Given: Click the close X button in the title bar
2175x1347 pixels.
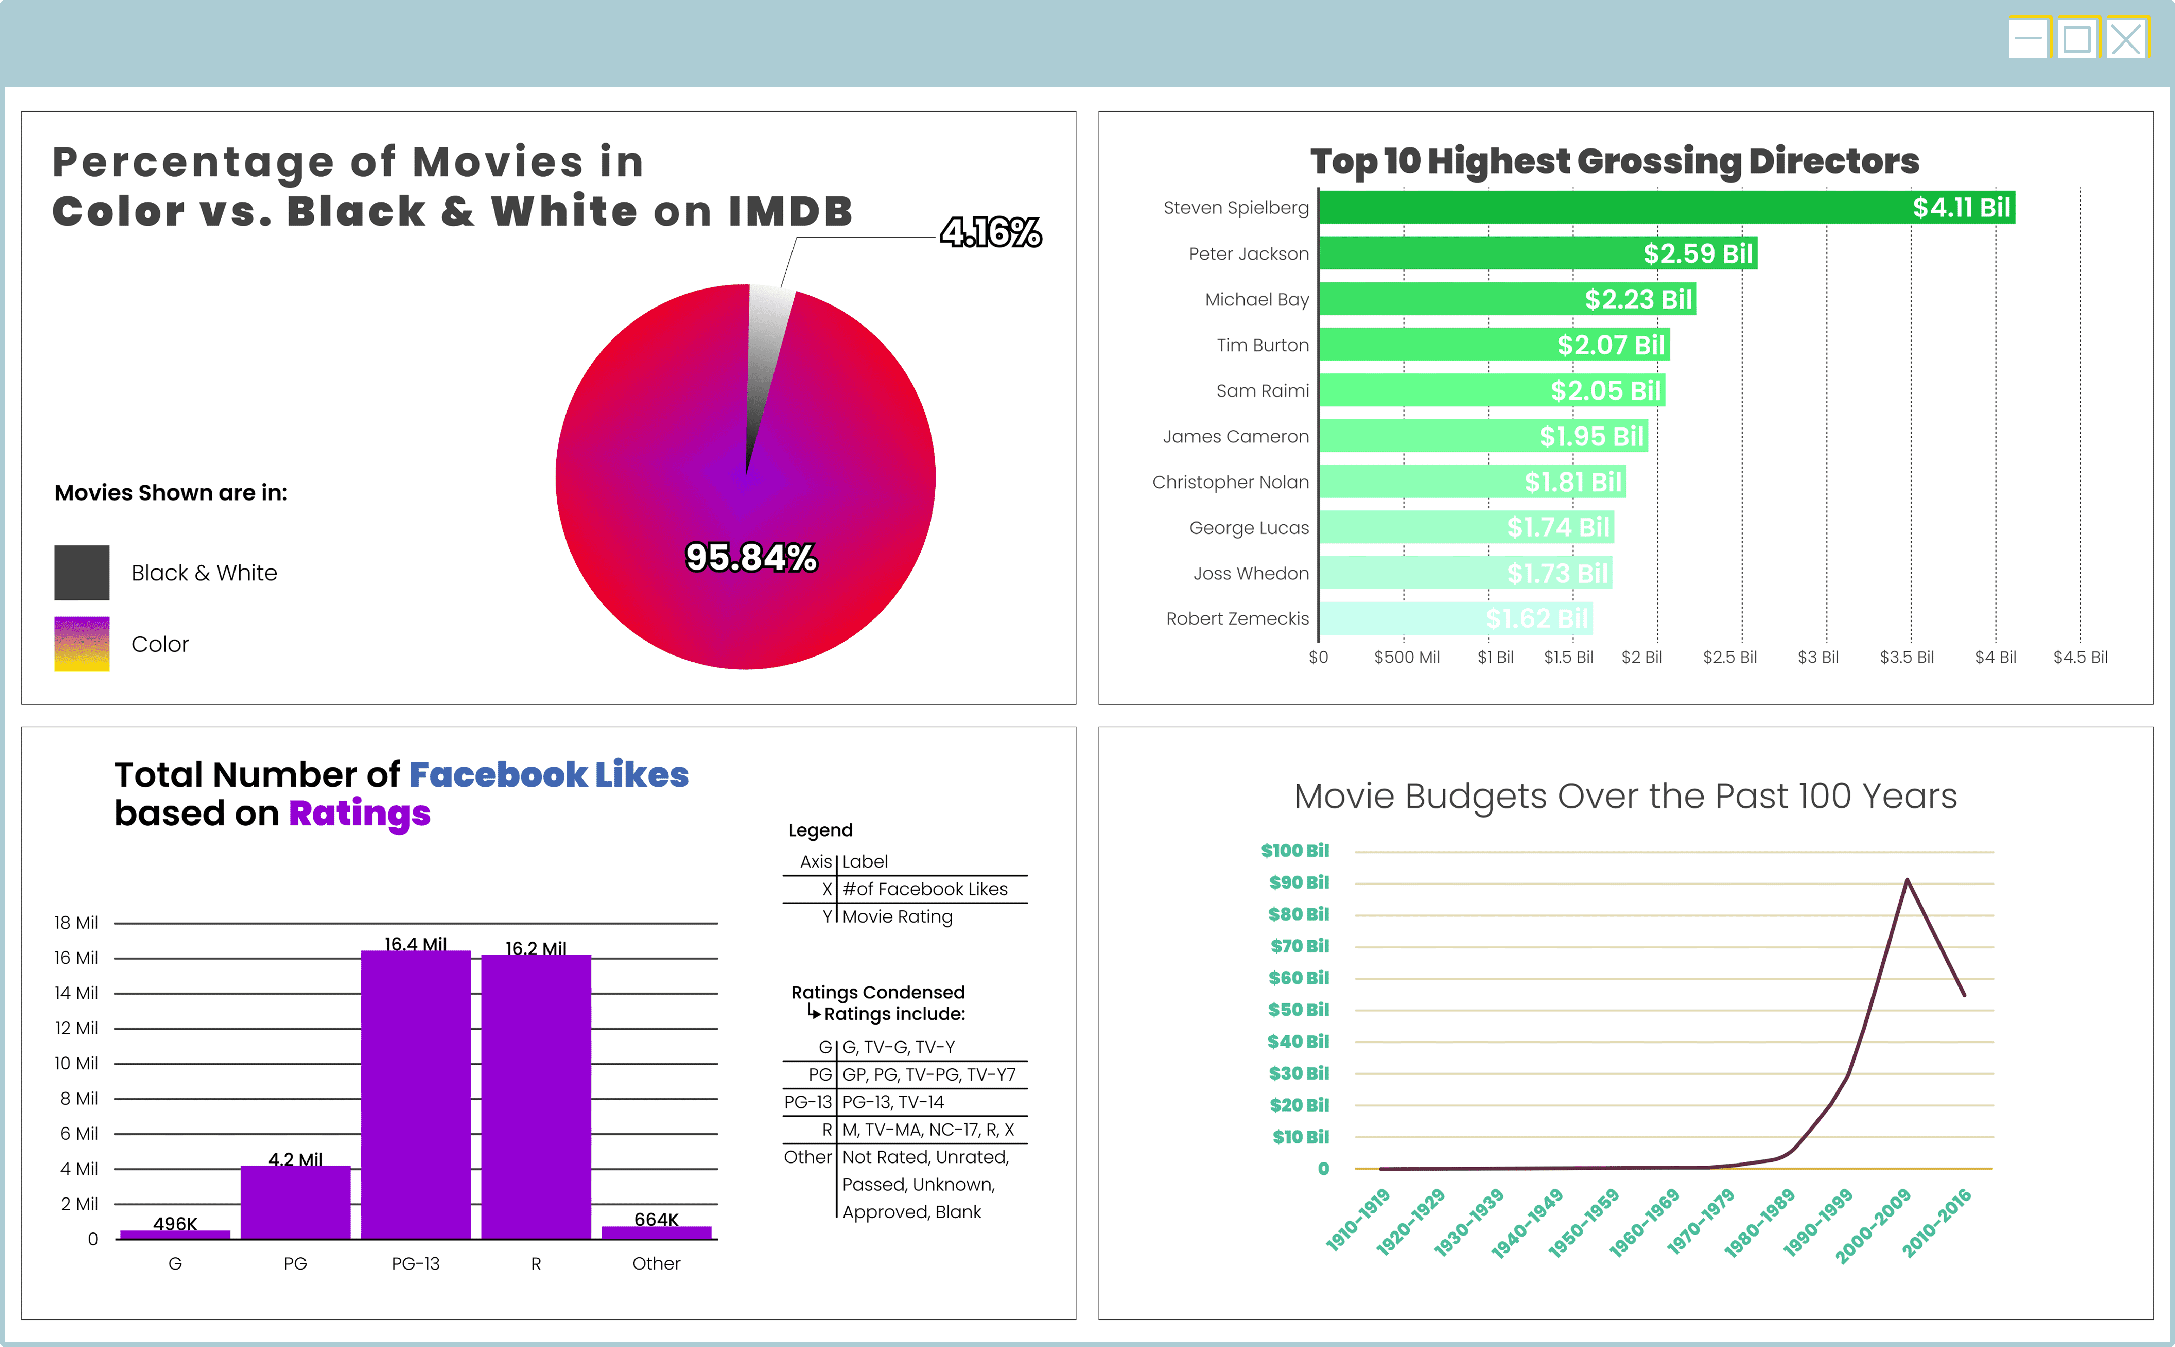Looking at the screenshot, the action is tap(2126, 39).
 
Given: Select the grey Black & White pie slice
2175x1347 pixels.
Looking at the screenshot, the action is tap(765, 356).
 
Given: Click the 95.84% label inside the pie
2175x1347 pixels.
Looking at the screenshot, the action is tap(751, 558).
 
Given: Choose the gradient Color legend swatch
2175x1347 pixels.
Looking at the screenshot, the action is tap(82, 644).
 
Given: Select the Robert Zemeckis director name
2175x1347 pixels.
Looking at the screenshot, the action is tap(1238, 618).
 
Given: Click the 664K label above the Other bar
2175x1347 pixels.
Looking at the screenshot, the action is tap(657, 1219).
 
